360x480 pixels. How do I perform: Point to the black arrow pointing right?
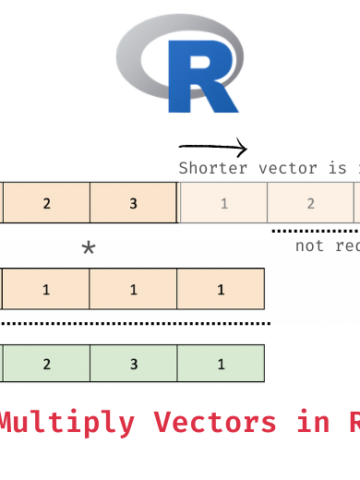coord(212,150)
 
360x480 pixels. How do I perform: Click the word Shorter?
coord(206,168)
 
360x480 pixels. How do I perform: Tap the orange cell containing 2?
coord(46,203)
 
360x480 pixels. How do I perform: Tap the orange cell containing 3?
coord(134,203)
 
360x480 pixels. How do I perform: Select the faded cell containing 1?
coord(223,203)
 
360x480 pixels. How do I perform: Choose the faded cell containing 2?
coord(310,203)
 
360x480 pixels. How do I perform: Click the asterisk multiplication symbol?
coord(88,249)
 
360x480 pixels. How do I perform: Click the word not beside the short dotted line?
coord(310,246)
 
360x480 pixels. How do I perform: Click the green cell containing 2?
coord(46,364)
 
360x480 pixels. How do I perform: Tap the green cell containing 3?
coord(134,364)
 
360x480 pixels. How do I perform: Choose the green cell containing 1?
coord(221,364)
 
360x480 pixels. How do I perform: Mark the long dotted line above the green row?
coord(135,323)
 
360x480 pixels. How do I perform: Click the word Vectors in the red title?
coord(215,422)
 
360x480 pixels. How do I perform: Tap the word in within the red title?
coord(309,422)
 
